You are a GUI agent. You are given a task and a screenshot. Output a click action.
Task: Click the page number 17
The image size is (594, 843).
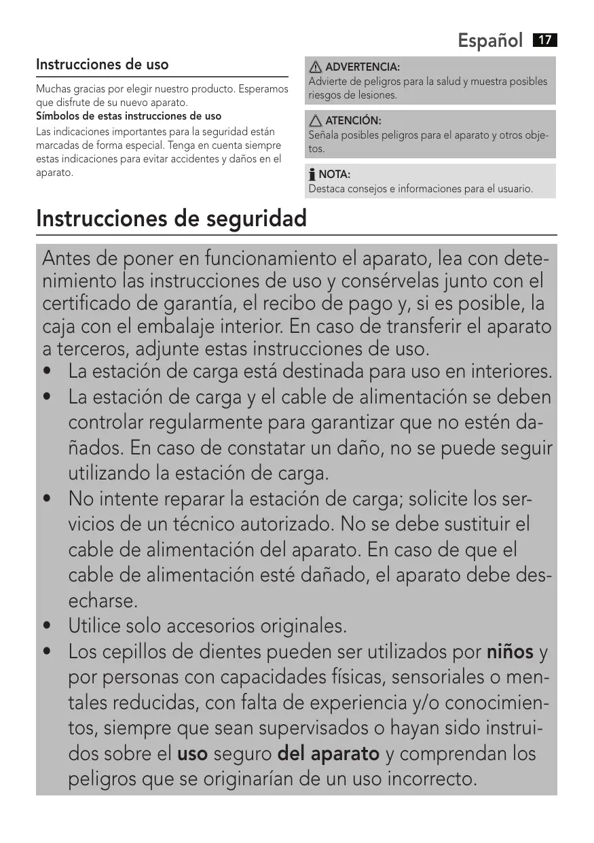pos(545,40)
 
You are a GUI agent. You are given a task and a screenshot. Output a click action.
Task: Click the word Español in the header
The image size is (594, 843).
pos(490,41)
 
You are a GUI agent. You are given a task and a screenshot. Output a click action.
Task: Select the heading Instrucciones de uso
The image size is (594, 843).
pos(103,65)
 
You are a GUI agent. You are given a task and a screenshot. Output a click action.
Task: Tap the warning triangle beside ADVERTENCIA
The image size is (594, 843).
pos(316,67)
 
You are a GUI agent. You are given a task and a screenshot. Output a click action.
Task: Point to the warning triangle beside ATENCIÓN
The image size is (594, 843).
pos(316,121)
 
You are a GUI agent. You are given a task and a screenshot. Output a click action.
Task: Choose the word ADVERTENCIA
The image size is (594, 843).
pos(363,67)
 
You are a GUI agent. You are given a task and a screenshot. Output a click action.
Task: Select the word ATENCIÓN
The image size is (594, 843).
pos(353,121)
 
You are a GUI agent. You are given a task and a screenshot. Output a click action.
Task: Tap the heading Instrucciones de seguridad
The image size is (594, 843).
pos(171,219)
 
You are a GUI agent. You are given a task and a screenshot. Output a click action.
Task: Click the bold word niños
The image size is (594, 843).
pos(510,652)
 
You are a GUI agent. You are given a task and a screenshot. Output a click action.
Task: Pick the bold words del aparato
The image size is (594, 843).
pos(329,753)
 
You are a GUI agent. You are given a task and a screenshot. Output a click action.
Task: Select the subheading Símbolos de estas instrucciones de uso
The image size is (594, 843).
pos(128,116)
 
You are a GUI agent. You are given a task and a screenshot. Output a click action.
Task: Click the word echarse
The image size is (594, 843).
pos(103,601)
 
